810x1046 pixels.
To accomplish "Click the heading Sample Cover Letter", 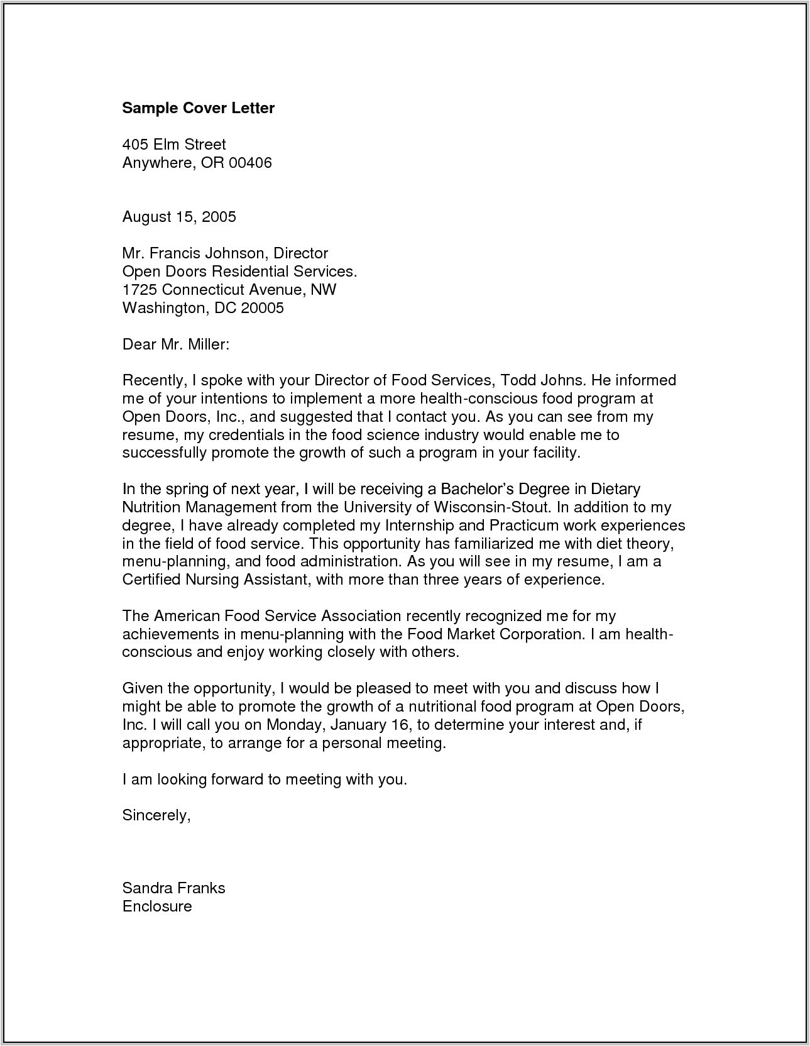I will pyautogui.click(x=198, y=108).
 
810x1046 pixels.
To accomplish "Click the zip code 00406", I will pyautogui.click(x=250, y=163).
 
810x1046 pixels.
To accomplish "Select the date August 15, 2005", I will pyautogui.click(x=179, y=217).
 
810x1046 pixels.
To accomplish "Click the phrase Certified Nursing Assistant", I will pyautogui.click(x=214, y=580).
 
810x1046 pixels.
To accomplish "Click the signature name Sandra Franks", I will pyautogui.click(x=173, y=888).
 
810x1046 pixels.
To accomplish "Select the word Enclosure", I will pyautogui.click(x=157, y=906).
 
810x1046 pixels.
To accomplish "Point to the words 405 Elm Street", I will pyautogui.click(x=174, y=145).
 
